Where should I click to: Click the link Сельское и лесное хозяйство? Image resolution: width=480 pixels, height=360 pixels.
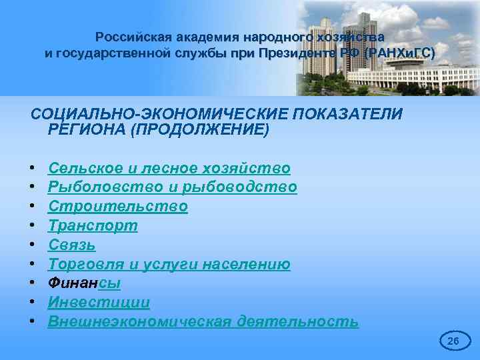tap(169, 168)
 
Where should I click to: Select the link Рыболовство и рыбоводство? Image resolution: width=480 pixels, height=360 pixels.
tap(173, 187)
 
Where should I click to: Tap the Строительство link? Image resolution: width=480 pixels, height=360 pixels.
tap(118, 207)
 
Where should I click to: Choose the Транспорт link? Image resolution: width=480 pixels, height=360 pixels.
tap(93, 226)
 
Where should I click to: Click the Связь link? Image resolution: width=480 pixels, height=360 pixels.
tap(72, 245)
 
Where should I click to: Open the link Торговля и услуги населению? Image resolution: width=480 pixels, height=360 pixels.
tap(169, 265)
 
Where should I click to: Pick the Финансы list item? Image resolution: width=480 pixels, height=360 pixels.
tap(85, 283)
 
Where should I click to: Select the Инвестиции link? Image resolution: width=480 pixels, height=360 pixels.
tap(99, 303)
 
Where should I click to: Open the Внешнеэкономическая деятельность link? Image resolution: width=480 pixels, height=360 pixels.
tap(203, 322)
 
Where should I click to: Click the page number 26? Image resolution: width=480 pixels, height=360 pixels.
tap(453, 341)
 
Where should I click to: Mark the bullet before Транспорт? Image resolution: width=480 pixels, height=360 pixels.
tap(32, 226)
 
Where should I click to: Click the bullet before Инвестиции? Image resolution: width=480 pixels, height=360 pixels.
tap(32, 303)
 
